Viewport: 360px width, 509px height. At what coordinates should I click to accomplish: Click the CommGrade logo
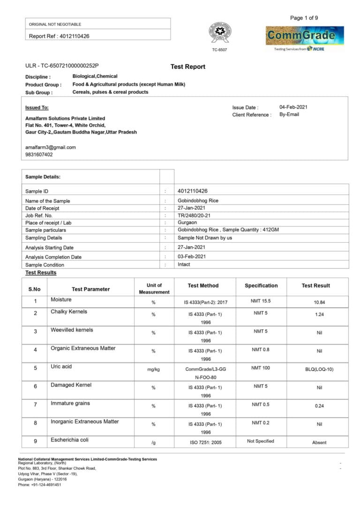(x=305, y=36)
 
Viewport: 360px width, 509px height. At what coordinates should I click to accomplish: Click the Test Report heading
(x=187, y=67)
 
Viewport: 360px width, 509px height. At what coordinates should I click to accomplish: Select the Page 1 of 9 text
(x=304, y=18)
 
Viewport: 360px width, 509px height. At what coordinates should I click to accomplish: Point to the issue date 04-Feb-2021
(x=293, y=107)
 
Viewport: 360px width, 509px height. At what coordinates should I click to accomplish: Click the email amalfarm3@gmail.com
(x=50, y=147)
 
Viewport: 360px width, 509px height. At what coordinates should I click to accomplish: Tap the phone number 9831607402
(x=39, y=155)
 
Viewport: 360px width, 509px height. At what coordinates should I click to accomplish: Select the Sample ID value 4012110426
(x=193, y=191)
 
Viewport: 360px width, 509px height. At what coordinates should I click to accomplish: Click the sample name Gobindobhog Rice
(x=198, y=201)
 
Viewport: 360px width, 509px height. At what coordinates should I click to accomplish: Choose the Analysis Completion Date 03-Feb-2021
(x=191, y=256)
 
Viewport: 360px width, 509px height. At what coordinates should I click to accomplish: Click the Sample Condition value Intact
(x=184, y=264)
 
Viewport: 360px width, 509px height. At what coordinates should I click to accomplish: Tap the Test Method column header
(x=203, y=285)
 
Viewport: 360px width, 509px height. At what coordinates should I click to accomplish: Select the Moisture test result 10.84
(x=319, y=302)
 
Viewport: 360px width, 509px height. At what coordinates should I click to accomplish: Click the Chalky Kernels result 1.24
(x=319, y=314)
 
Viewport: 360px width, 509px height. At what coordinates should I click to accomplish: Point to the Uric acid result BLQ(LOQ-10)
(x=319, y=369)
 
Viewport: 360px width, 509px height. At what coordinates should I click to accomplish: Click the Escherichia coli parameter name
(x=69, y=440)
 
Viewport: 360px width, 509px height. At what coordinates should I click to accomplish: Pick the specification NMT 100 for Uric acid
(x=261, y=368)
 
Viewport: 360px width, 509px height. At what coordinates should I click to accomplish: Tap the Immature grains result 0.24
(x=319, y=406)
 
